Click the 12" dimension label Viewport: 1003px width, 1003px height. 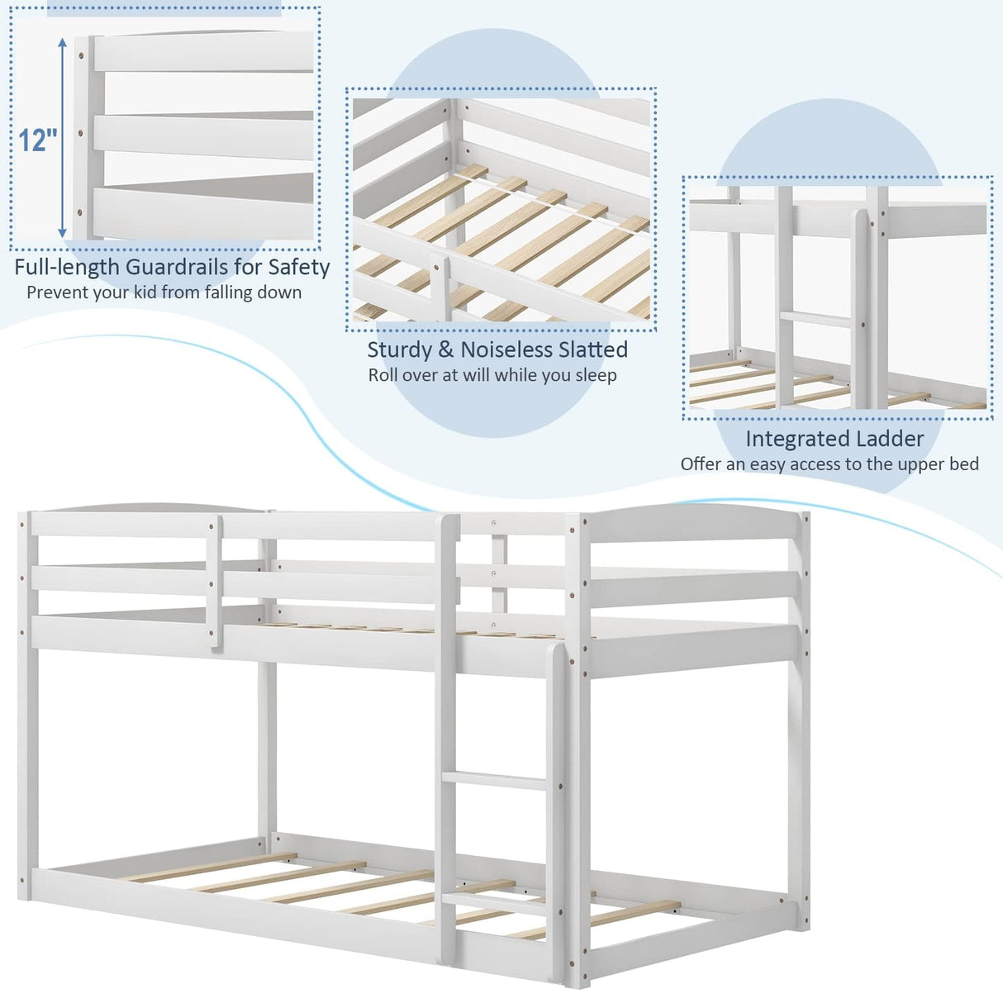pyautogui.click(x=37, y=140)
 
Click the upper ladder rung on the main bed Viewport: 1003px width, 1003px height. pyautogui.click(x=494, y=779)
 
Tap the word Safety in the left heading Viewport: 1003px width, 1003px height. pyautogui.click(x=298, y=267)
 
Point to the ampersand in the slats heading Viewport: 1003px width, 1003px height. pyautogui.click(x=446, y=349)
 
